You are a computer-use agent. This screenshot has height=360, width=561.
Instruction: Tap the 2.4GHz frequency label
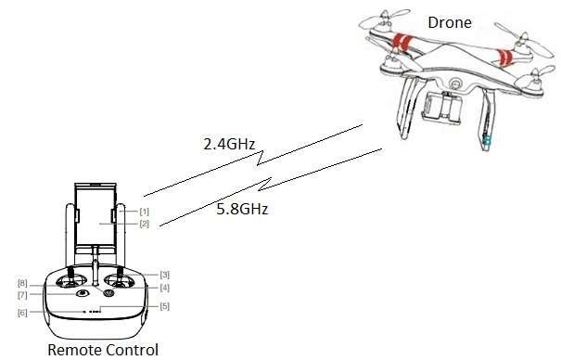[x=229, y=144]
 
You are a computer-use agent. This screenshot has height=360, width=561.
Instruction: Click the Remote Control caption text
[x=97, y=349]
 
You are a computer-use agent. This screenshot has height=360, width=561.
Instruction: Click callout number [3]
[x=164, y=274]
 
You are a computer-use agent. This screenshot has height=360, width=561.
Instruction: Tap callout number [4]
[x=164, y=288]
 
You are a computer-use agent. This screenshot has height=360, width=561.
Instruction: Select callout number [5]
[x=164, y=306]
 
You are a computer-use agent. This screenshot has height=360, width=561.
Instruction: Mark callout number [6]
[x=22, y=312]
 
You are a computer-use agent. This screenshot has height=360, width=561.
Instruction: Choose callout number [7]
[x=22, y=294]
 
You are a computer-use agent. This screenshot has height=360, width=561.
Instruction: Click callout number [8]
[x=22, y=282]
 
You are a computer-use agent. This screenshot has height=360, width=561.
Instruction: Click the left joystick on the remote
[x=69, y=277]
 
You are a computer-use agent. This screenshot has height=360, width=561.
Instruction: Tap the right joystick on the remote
[x=120, y=277]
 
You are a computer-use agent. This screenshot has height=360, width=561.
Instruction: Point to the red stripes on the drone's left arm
[x=401, y=42]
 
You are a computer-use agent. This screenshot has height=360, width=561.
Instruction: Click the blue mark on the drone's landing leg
[x=486, y=141]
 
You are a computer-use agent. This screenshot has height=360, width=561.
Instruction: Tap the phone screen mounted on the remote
[x=96, y=218]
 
